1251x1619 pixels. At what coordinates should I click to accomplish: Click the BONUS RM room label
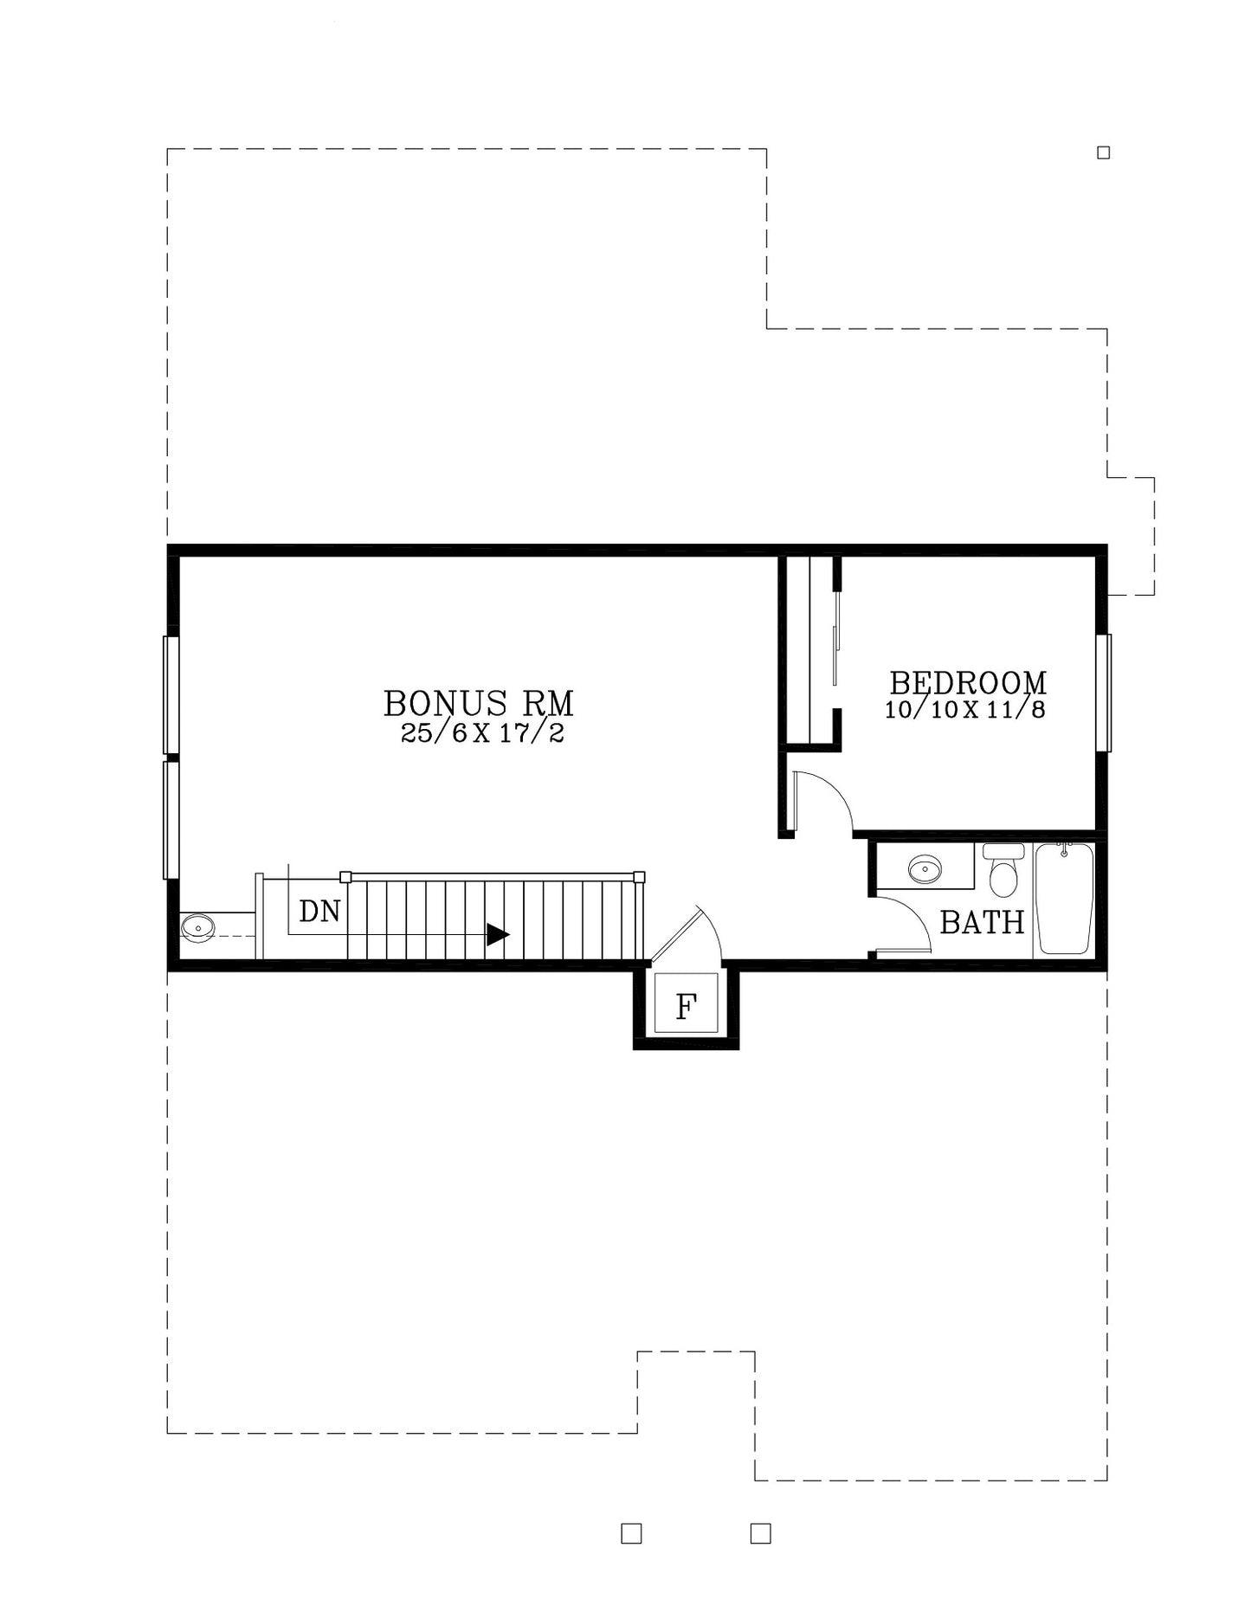(479, 703)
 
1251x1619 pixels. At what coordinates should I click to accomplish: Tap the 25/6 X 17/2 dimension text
(482, 734)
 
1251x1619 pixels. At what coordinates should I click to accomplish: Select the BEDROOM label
(968, 683)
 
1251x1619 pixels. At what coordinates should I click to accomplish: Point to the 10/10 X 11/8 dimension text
(965, 710)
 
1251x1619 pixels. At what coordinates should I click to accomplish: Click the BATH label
(982, 923)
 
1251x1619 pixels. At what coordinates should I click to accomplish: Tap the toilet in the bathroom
(1003, 869)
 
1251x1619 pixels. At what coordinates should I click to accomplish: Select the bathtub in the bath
(1065, 899)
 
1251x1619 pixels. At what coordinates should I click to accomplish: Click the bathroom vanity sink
(925, 867)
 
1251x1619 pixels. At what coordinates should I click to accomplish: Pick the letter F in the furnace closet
(686, 1007)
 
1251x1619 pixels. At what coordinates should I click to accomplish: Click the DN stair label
(319, 911)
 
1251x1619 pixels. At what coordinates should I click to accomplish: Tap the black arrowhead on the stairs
(497, 935)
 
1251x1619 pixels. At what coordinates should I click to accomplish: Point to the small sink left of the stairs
(198, 928)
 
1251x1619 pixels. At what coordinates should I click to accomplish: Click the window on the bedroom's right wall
(1104, 693)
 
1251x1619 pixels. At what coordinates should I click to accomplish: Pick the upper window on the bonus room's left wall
(171, 695)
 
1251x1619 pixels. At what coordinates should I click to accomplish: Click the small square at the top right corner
(1104, 153)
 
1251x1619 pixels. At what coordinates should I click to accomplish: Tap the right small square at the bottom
(760, 1533)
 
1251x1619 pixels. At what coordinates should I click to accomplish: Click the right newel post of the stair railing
(639, 877)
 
